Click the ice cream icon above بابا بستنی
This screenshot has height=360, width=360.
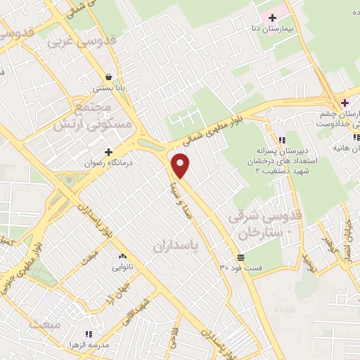109,77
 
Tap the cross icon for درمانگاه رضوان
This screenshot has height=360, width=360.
108,152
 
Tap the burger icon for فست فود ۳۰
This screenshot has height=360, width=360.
241,257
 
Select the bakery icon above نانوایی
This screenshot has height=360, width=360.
123,256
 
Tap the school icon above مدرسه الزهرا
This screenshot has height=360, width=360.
89,334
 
